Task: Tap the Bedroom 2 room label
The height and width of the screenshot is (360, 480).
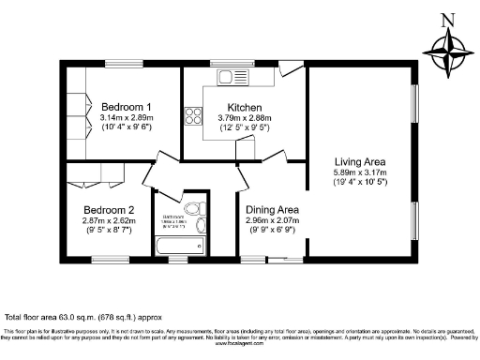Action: [108, 209]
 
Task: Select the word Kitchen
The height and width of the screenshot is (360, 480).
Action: [242, 107]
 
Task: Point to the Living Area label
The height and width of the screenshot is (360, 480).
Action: [360, 161]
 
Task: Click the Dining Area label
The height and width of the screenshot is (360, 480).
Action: [272, 209]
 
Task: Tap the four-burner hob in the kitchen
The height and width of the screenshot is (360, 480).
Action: [194, 117]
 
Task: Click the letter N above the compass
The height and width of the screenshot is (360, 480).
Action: [447, 18]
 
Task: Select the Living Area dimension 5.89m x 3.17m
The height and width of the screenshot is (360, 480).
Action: [360, 172]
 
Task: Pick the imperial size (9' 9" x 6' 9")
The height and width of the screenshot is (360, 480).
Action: [272, 232]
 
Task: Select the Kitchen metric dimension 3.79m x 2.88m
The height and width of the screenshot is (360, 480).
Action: [242, 118]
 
